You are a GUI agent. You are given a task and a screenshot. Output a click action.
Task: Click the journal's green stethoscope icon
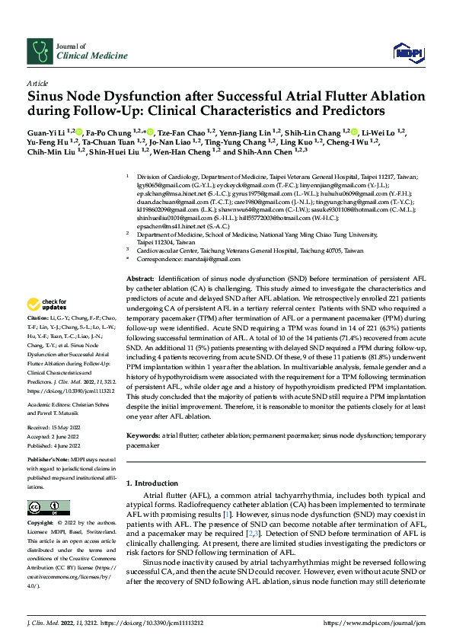click(40, 51)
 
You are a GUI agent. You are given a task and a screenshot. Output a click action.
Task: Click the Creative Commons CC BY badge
click(44, 507)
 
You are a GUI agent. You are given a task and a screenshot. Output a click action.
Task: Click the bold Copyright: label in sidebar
click(41, 525)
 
